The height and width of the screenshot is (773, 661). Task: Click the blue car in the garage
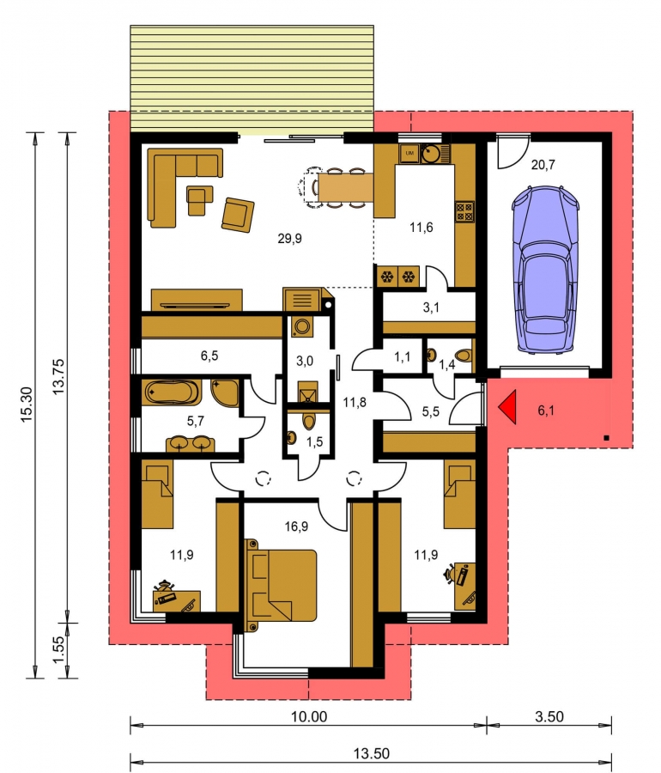[x=544, y=270]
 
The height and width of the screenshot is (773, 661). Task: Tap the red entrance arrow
[x=506, y=407]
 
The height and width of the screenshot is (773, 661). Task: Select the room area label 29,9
[x=289, y=239]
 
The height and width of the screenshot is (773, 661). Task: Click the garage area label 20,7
[x=543, y=165]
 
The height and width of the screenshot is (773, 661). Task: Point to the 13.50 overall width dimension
[x=371, y=753]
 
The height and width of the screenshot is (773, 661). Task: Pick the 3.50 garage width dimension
[x=549, y=716]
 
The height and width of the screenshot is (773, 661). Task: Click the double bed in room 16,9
[x=281, y=585]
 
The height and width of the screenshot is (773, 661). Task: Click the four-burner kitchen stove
[x=464, y=211]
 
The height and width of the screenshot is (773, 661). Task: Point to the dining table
[x=345, y=187]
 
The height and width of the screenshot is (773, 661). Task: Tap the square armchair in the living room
[x=238, y=215]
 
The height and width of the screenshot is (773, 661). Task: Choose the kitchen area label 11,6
[x=421, y=228]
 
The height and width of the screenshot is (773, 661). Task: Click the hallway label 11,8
[x=355, y=402]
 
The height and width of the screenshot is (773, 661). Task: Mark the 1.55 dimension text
[x=58, y=650]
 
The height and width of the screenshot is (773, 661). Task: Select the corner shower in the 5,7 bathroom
[x=225, y=393]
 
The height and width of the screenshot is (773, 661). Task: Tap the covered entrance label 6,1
[x=546, y=411]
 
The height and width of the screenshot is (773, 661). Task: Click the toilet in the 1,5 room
[x=309, y=421]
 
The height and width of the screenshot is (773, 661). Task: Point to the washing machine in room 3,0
[x=301, y=326]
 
